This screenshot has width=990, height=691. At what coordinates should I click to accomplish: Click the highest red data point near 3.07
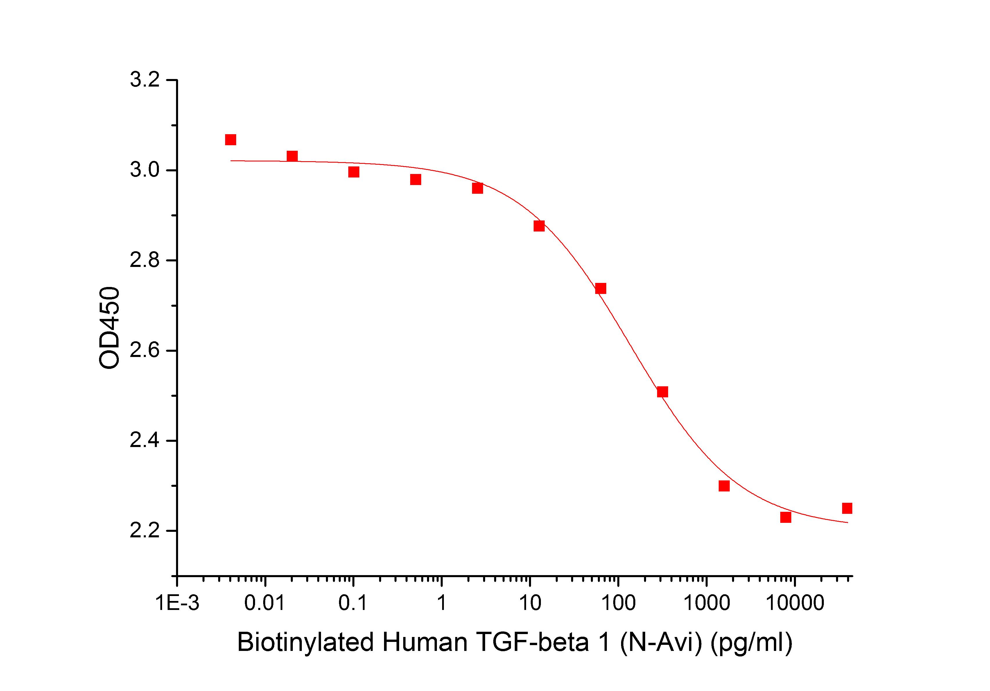click(x=230, y=140)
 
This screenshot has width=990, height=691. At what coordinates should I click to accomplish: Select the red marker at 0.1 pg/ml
click(x=354, y=172)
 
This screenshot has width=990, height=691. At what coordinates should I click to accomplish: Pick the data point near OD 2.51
click(x=662, y=392)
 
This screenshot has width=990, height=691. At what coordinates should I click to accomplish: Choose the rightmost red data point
click(x=847, y=508)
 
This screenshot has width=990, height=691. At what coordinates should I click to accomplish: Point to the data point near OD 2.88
click(x=539, y=226)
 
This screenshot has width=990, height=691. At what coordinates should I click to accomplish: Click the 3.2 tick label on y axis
click(x=145, y=81)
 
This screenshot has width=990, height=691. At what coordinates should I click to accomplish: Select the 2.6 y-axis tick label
click(x=145, y=351)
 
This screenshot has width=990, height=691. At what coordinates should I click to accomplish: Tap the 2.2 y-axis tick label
click(x=145, y=531)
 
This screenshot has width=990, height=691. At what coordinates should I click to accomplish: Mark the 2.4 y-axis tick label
click(x=145, y=441)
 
